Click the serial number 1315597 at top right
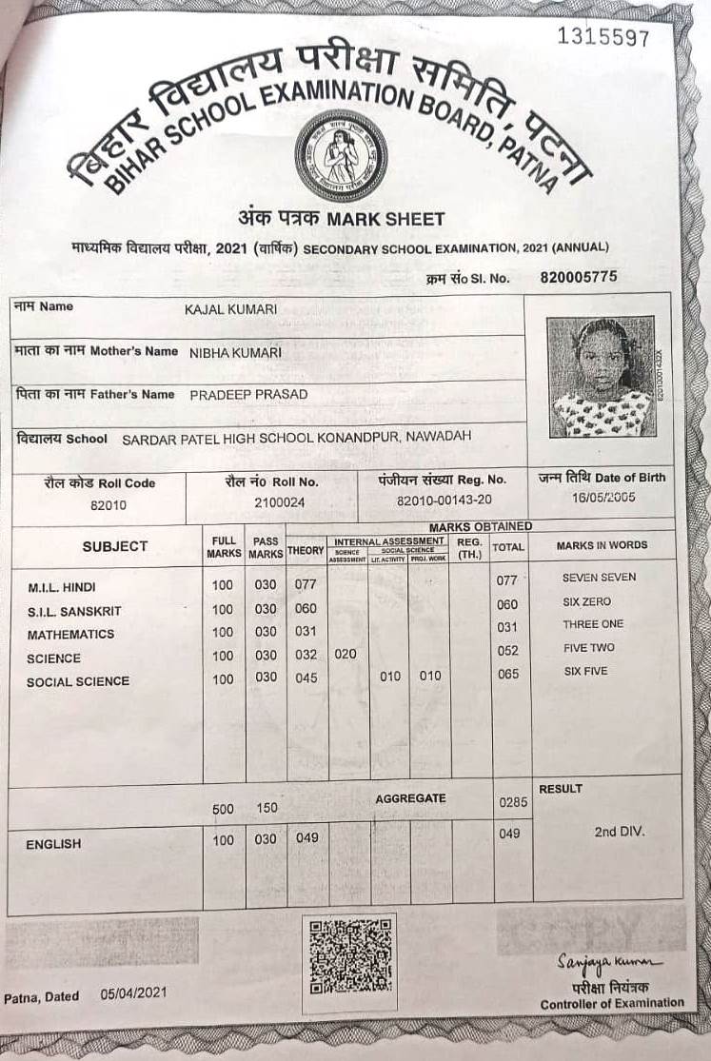(603, 37)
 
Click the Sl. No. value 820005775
(579, 278)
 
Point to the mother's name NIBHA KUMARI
(235, 352)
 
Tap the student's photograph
(601, 377)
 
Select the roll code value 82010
(108, 505)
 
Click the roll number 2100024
(280, 502)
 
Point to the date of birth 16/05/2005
(603, 498)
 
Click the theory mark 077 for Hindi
(305, 584)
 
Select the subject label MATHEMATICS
(70, 635)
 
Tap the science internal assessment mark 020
(346, 655)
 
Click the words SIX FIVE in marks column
(585, 672)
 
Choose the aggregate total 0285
(512, 802)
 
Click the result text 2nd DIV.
(620, 832)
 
